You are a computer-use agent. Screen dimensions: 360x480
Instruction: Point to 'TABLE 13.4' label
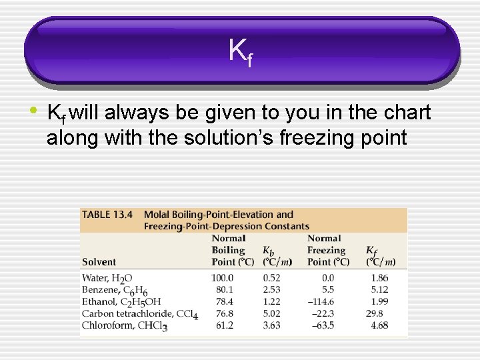[x=107, y=215]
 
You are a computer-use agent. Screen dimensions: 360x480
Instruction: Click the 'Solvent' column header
[x=99, y=262]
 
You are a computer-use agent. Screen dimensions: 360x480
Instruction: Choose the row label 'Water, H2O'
[x=107, y=278]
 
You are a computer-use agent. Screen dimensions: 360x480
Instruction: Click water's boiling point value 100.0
[x=222, y=278]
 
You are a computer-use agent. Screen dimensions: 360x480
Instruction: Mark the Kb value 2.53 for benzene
[x=271, y=290]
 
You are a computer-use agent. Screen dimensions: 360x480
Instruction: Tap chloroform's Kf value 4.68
[x=379, y=326]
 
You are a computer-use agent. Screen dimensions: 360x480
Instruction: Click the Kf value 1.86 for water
[x=379, y=278]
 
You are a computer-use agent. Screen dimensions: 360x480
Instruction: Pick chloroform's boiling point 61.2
[x=225, y=326]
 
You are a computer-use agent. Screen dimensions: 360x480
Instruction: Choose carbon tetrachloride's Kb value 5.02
[x=271, y=314]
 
